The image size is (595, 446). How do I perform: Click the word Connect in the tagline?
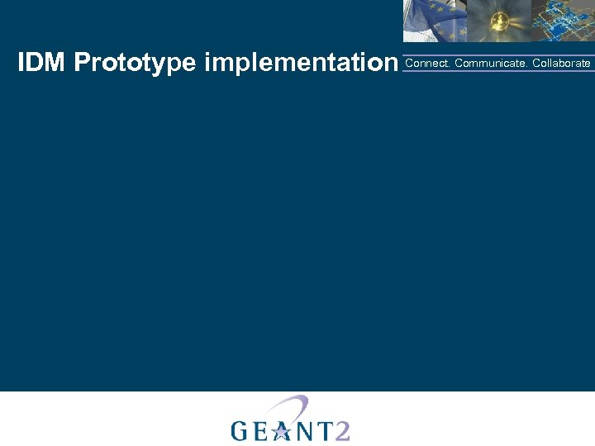[x=426, y=64]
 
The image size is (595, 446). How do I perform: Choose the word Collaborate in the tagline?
[x=561, y=64]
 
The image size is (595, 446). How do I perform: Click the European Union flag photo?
[x=435, y=21]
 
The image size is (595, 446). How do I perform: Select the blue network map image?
[x=562, y=21]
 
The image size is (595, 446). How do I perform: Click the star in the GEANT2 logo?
[x=282, y=429]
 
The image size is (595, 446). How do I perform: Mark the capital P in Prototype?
[x=81, y=63]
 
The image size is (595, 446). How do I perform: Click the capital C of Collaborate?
[x=536, y=64]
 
